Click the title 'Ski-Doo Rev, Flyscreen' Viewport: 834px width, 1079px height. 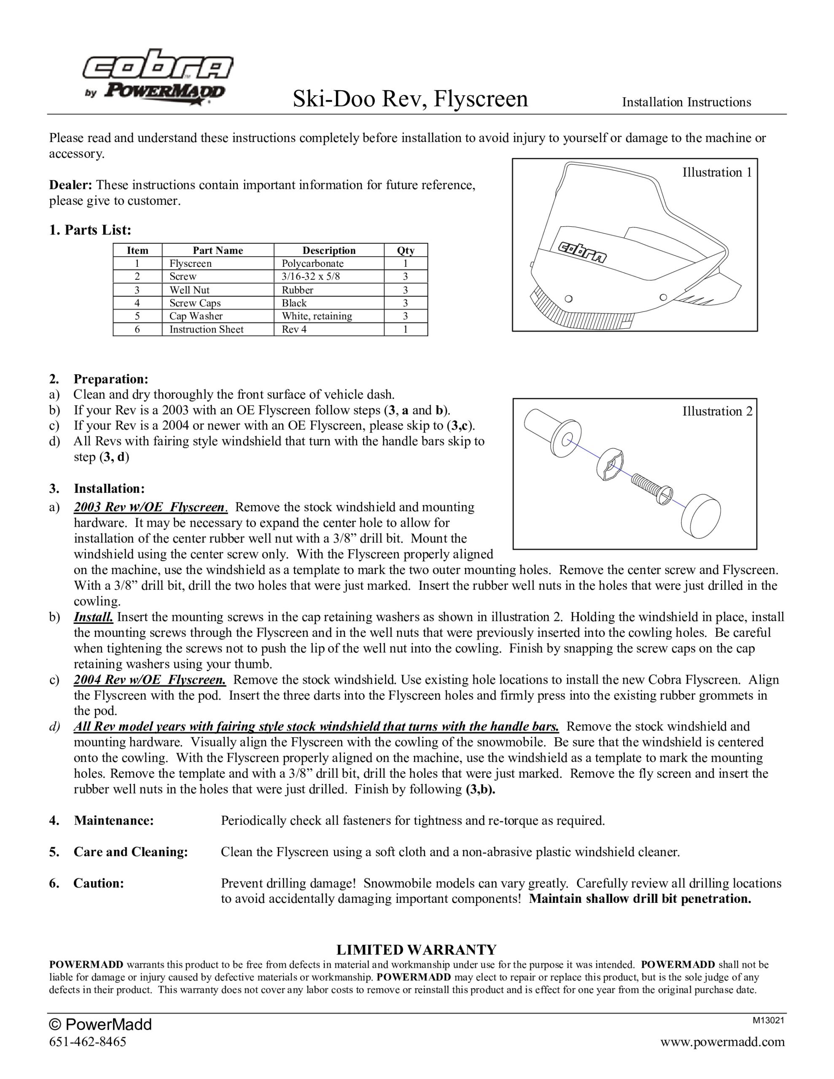tap(410, 98)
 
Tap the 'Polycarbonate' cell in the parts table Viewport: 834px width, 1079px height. tap(312, 264)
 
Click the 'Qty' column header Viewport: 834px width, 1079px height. tap(405, 250)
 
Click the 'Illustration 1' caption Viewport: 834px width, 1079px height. tap(717, 172)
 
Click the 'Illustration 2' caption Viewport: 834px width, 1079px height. tap(717, 411)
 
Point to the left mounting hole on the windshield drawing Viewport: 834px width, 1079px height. tap(568, 298)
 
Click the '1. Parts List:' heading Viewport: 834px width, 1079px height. tap(90, 230)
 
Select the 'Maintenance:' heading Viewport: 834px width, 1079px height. tap(114, 821)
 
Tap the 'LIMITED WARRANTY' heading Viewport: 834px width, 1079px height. tap(416, 950)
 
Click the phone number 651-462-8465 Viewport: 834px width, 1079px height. tap(88, 1042)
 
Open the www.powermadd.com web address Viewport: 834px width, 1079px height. tap(722, 1042)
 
